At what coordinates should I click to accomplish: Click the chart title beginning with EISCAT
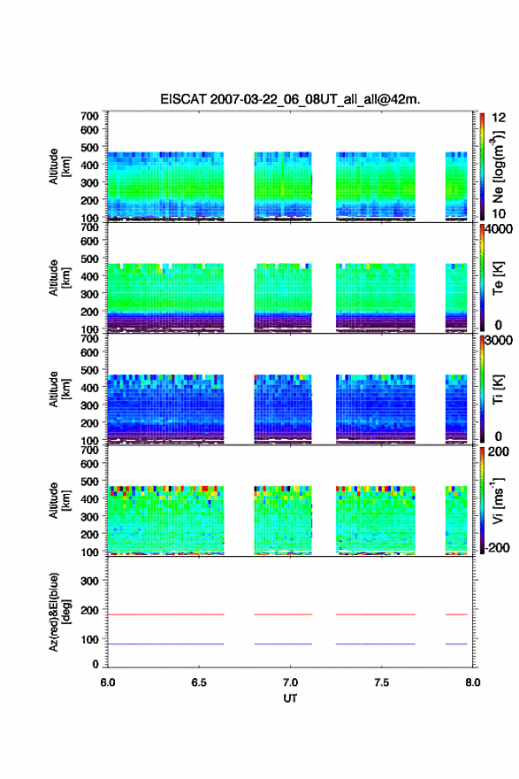(x=290, y=99)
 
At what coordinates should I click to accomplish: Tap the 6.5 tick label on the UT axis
(x=199, y=683)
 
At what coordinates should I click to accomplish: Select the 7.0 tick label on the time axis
(x=290, y=683)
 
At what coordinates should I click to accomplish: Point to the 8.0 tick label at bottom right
(x=472, y=683)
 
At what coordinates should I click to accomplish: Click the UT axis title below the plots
(x=290, y=698)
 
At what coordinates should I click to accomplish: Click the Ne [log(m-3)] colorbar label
(x=498, y=167)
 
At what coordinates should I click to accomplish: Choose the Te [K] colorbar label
(x=498, y=278)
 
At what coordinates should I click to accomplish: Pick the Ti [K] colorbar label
(x=498, y=389)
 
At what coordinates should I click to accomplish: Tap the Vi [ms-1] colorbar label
(x=498, y=501)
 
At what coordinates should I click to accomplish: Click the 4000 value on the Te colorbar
(x=499, y=229)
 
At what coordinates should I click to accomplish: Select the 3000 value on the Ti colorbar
(x=499, y=341)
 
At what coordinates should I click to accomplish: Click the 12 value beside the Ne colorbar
(x=499, y=118)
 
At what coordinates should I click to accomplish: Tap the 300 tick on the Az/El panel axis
(x=90, y=581)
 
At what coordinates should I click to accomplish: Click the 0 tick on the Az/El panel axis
(x=95, y=664)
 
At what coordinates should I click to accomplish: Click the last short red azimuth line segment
(x=456, y=614)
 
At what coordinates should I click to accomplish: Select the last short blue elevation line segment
(x=456, y=644)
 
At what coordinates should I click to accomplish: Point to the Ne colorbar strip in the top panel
(x=482, y=167)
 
